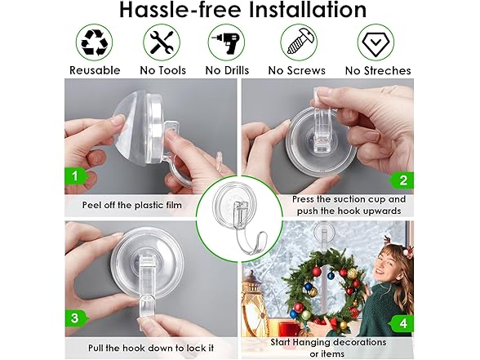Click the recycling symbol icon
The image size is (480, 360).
pyautogui.click(x=95, y=42)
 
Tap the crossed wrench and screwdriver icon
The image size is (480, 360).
pyautogui.click(x=162, y=42)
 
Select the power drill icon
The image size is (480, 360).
pyautogui.click(x=227, y=42)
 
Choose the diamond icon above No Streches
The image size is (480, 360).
pyautogui.click(x=376, y=42)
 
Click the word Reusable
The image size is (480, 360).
pyautogui.click(x=95, y=70)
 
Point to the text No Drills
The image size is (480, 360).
pyautogui.click(x=227, y=70)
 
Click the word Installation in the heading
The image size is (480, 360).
pyautogui.click(x=308, y=9)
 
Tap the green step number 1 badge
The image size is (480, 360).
pyautogui.click(x=76, y=176)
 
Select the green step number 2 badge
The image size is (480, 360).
pyautogui.click(x=402, y=180)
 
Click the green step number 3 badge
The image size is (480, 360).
pyautogui.click(x=76, y=318)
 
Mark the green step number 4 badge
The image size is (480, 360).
pyautogui.click(x=402, y=323)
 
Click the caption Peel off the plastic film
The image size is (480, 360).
pyautogui.click(x=132, y=205)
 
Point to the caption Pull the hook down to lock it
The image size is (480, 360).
pyautogui.click(x=151, y=348)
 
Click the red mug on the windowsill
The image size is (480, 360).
pyautogui.click(x=289, y=329)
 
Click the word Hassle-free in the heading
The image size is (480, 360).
pyautogui.click(x=180, y=9)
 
